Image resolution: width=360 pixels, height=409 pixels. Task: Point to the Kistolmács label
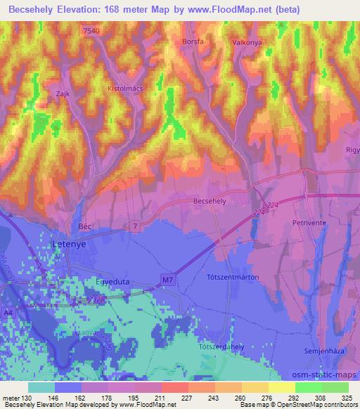(125, 91)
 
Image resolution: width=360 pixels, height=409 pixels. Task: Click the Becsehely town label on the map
(209, 201)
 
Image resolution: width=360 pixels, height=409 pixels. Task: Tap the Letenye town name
(69, 243)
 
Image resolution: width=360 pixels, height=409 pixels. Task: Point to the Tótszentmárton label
(233, 277)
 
